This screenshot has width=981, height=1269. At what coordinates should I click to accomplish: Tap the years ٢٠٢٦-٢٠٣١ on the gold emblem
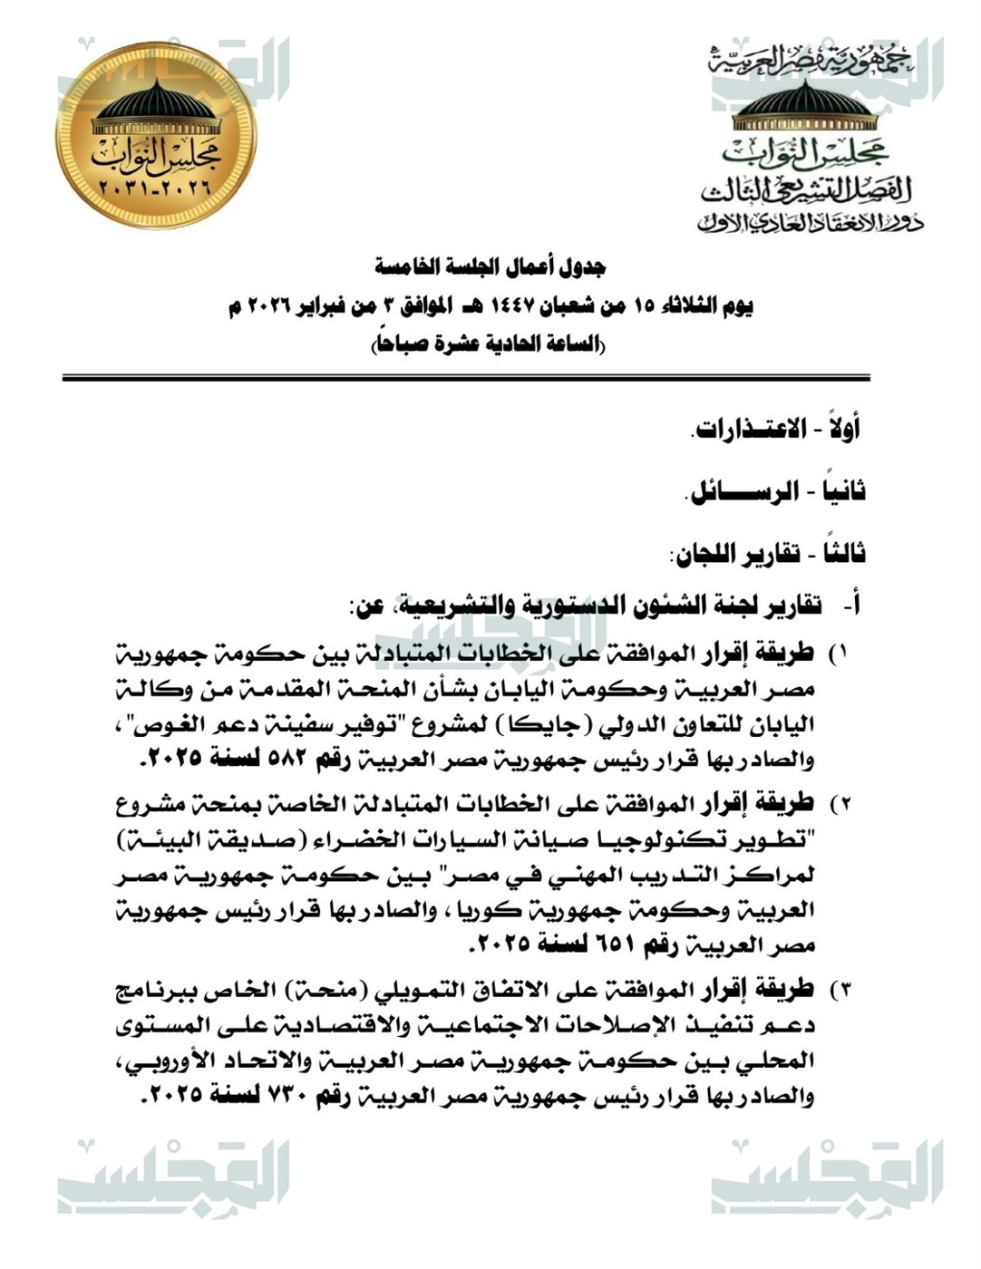(x=156, y=191)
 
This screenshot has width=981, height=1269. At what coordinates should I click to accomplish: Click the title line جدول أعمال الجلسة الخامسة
(x=490, y=267)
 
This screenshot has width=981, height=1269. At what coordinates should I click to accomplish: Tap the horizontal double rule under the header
(x=466, y=377)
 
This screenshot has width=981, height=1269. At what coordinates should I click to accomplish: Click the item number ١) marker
(x=839, y=654)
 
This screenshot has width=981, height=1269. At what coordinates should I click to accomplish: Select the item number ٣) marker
(x=839, y=987)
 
